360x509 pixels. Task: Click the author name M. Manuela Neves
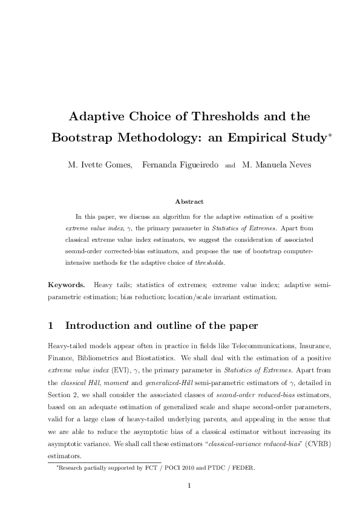click(277, 164)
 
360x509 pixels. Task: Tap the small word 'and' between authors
click(230, 164)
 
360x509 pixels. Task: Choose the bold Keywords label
click(66, 284)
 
